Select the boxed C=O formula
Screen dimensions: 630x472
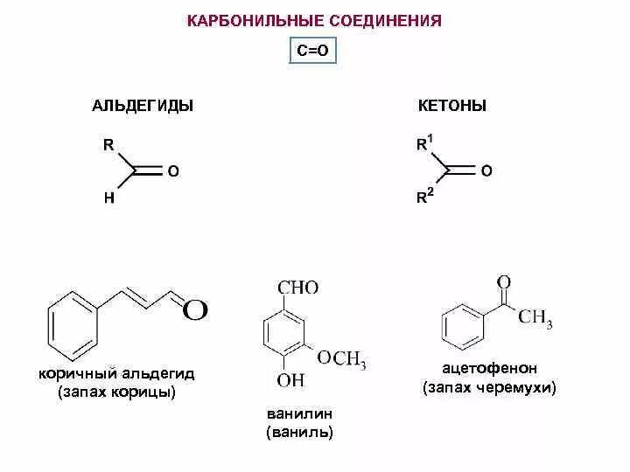(x=312, y=52)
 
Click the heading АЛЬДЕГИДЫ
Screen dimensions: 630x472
(x=143, y=106)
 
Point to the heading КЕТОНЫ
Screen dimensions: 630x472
(x=452, y=106)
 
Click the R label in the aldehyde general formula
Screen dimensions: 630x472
(x=108, y=145)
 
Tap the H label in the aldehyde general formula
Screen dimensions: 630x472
(x=108, y=198)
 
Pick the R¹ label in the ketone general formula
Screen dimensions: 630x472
(x=423, y=144)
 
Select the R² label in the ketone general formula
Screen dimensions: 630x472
(x=423, y=198)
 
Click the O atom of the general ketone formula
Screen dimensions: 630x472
(x=486, y=171)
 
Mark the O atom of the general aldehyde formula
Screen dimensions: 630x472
(x=172, y=171)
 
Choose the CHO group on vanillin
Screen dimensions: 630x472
(x=297, y=288)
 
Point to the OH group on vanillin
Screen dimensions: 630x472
(x=290, y=380)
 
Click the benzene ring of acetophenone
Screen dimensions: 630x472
(x=465, y=327)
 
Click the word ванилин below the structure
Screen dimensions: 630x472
(x=300, y=413)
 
